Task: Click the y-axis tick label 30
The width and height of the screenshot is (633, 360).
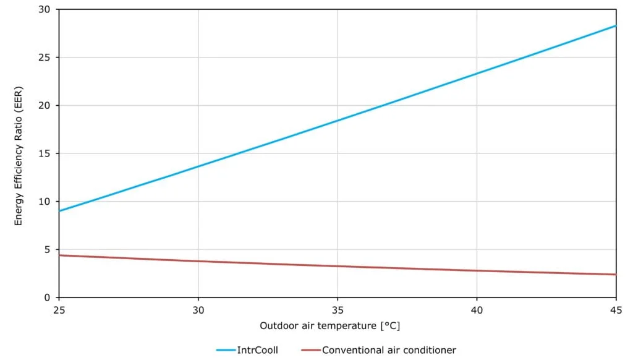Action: click(44, 10)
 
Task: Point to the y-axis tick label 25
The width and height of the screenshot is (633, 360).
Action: click(44, 58)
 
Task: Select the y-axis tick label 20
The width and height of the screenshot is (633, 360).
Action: click(44, 106)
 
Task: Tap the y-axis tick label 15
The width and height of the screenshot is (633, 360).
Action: click(44, 153)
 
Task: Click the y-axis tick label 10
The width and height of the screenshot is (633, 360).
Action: click(44, 202)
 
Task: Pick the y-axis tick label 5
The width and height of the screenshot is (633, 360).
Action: click(47, 249)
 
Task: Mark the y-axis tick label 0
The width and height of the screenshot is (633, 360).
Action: click(47, 298)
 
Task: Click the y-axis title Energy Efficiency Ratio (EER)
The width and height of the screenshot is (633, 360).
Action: click(19, 154)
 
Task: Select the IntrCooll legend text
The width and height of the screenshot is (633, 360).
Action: click(258, 350)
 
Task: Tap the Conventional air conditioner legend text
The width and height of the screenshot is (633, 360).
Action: click(389, 350)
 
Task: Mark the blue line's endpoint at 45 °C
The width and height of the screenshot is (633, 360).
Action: click(616, 26)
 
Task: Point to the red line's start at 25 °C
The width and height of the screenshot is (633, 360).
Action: click(60, 255)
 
